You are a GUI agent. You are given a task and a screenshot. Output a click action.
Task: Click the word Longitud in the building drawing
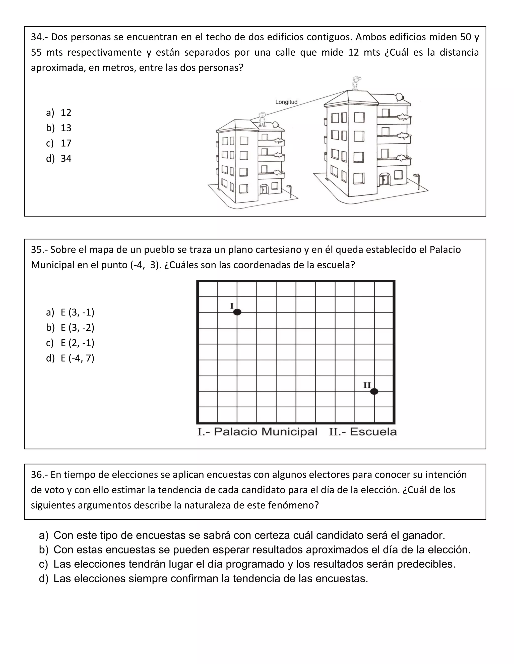(x=286, y=102)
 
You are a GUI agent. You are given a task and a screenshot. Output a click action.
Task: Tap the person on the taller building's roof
(x=355, y=83)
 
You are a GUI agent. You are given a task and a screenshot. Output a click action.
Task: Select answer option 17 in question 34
(x=66, y=143)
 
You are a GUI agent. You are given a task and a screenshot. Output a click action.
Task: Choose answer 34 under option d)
(x=66, y=158)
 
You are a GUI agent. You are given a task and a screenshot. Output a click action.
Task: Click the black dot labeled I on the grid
(x=237, y=312)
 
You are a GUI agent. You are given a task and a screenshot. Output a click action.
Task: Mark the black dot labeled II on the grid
(x=374, y=391)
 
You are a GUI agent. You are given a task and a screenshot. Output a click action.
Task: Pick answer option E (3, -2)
(x=77, y=327)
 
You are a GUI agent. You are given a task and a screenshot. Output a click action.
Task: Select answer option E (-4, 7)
(x=77, y=358)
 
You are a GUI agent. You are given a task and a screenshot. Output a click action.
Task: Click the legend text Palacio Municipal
(x=265, y=432)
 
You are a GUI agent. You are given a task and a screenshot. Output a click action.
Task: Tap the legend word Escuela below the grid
(x=373, y=432)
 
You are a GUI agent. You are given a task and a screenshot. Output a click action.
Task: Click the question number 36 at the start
(x=36, y=475)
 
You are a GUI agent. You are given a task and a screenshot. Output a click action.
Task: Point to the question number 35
(x=36, y=250)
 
